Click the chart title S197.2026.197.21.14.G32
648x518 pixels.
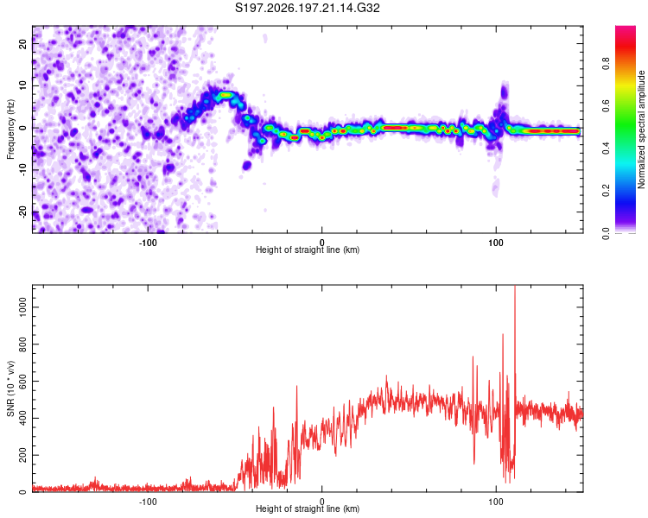307,8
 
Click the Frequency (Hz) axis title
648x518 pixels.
10,129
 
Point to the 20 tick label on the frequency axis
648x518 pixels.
22,44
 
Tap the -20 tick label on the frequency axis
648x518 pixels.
22,212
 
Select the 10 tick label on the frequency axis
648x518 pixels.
22,86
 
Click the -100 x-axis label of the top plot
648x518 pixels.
148,243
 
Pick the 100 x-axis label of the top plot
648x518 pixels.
496,243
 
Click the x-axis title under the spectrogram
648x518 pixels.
308,250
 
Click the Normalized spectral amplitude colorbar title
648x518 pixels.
641,129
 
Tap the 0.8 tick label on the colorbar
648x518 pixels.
606,63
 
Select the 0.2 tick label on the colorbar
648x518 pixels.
606,191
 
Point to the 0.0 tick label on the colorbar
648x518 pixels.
606,233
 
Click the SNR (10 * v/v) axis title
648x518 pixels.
10,388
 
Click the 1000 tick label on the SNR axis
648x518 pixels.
22,307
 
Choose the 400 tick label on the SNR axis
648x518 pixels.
22,418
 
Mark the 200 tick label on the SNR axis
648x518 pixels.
22,455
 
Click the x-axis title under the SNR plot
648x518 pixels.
308,509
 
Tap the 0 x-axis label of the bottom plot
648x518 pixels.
322,501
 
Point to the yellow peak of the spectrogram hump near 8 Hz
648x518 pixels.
226,95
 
